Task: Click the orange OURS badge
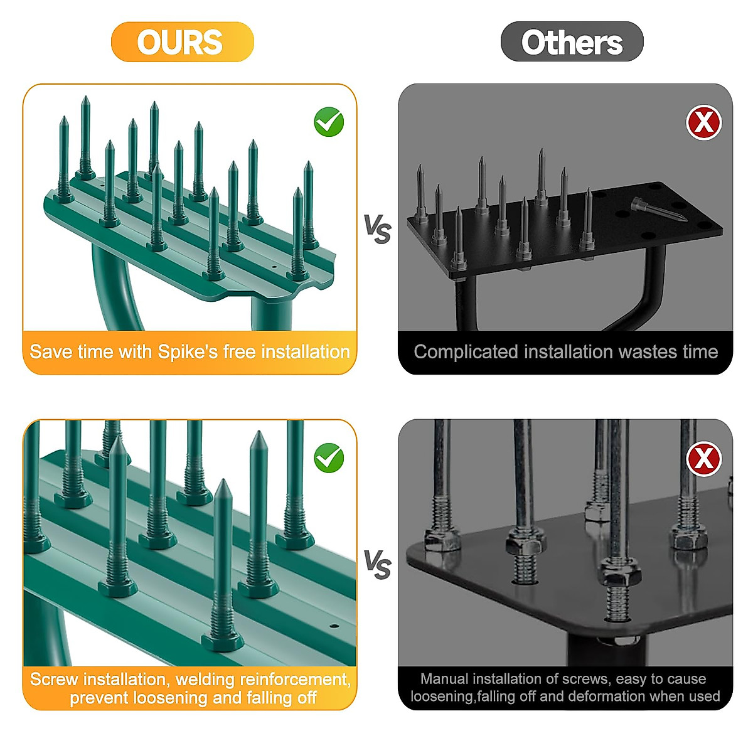click(182, 42)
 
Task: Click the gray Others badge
click(572, 42)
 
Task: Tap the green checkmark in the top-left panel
click(329, 122)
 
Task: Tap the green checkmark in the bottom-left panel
click(329, 457)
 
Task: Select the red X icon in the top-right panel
click(703, 122)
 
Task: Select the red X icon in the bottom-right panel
click(703, 459)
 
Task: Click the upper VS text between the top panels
click(377, 229)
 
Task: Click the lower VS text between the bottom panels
click(377, 565)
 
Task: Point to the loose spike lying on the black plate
click(659, 210)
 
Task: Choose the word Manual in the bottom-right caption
click(444, 679)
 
